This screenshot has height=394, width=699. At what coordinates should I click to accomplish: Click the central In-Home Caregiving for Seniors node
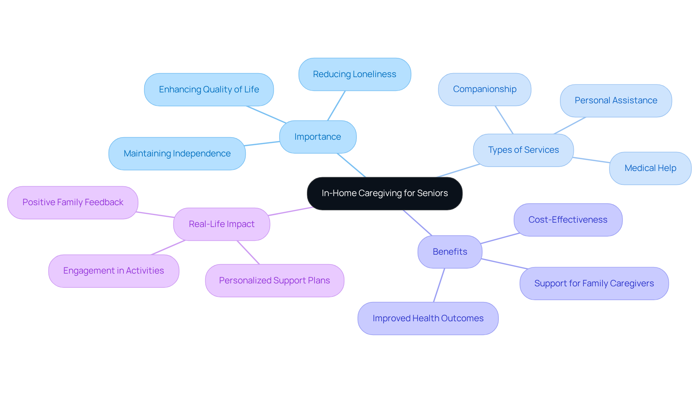click(384, 193)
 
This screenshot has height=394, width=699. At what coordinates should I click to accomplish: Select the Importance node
click(317, 137)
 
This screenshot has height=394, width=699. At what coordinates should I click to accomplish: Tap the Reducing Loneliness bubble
click(355, 74)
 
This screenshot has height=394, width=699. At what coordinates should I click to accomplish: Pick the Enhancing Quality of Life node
click(209, 89)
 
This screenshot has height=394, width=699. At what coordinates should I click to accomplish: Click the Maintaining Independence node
click(177, 154)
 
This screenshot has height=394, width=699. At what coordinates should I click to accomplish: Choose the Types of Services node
click(523, 150)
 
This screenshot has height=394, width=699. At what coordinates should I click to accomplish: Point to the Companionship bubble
click(485, 89)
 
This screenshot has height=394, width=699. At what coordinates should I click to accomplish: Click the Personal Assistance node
click(616, 100)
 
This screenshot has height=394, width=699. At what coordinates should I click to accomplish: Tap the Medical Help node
click(650, 168)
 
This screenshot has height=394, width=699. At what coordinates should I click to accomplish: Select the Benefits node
click(450, 252)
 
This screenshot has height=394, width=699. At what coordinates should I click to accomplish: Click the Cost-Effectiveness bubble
click(568, 220)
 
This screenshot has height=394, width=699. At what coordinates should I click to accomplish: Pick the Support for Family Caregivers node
click(594, 283)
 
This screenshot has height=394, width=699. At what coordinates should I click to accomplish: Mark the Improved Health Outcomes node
click(428, 318)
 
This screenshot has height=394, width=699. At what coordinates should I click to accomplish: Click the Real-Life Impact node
click(221, 224)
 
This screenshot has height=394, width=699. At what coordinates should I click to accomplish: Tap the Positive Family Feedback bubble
click(73, 202)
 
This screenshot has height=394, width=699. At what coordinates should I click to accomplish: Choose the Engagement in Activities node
click(114, 271)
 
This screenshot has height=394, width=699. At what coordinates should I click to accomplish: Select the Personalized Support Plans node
click(275, 280)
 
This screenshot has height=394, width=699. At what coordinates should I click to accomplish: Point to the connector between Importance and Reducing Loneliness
click(336, 106)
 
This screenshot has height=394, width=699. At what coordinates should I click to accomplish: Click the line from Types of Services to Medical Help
click(591, 160)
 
